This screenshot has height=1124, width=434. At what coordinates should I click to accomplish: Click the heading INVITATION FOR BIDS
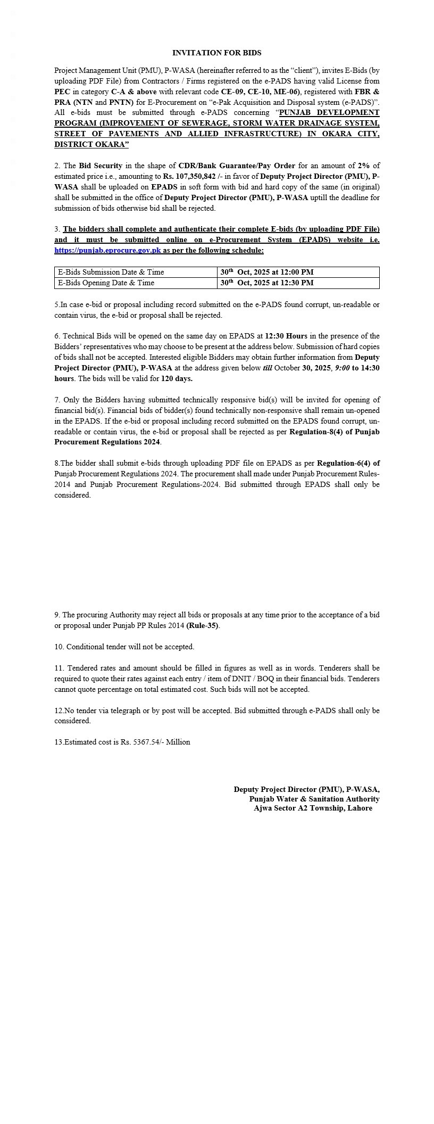click(216, 53)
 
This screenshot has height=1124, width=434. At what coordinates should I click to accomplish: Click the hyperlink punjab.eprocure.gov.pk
click(107, 250)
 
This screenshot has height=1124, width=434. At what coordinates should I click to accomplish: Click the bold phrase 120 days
click(177, 378)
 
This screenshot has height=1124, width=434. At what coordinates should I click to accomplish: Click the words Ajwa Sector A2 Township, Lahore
click(313, 808)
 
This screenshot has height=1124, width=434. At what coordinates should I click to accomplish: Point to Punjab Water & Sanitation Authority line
click(314, 799)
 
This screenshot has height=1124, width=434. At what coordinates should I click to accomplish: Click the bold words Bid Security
click(101, 166)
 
